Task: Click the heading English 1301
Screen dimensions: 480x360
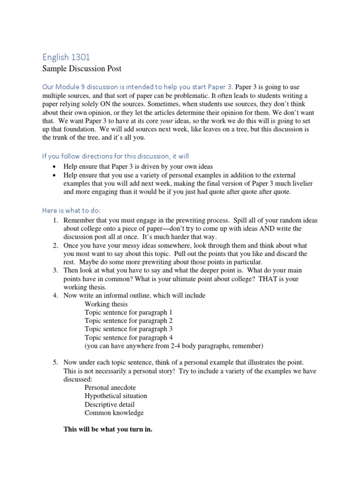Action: coord(66,57)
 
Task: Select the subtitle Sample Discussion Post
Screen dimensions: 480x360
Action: coord(82,69)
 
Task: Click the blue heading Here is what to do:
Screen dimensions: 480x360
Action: coord(71,210)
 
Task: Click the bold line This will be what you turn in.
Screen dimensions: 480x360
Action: coord(108,429)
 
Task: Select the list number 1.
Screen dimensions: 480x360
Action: coord(55,220)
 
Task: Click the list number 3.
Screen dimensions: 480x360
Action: coord(55,271)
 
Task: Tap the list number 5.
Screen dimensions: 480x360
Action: coord(55,362)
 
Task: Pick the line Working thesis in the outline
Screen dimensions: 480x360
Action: coord(106,304)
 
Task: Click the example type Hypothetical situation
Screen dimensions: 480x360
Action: coord(116,396)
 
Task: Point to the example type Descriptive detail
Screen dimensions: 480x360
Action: coord(110,405)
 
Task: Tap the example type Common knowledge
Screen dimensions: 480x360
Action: coord(114,413)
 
